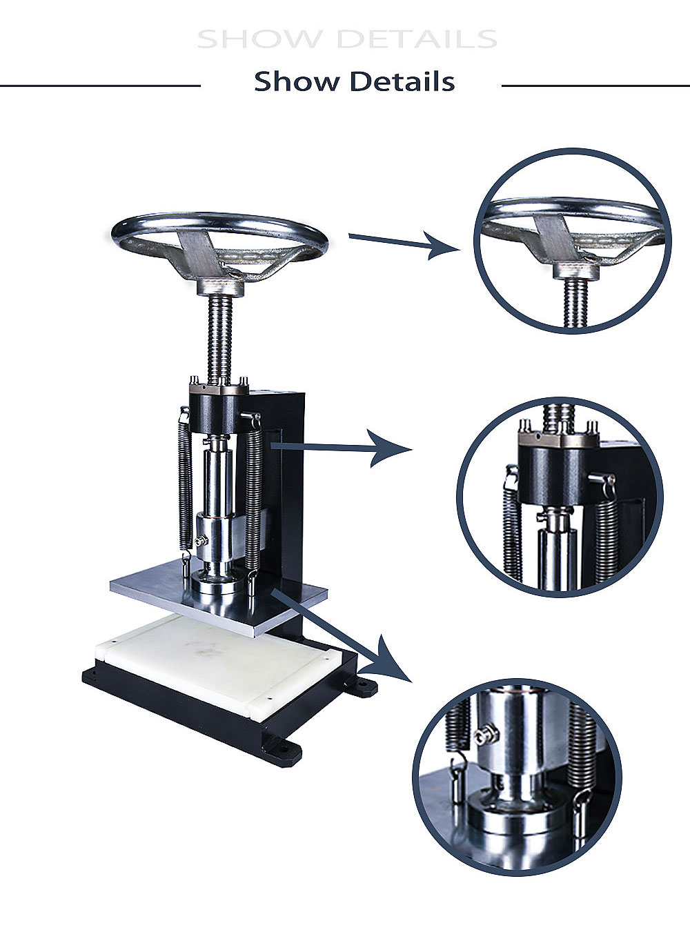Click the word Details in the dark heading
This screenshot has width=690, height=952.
pyautogui.click(x=402, y=81)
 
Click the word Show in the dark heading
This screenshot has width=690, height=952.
pyautogui.click(x=296, y=81)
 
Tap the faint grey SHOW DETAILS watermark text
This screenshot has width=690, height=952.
pyautogui.click(x=347, y=39)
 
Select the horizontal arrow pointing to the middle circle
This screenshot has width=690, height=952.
pyautogui.click(x=341, y=448)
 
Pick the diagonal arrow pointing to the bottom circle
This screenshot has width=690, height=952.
pyautogui.click(x=340, y=636)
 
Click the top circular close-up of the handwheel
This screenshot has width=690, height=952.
pyautogui.click(x=572, y=241)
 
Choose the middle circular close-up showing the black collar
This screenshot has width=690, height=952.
pyautogui.click(x=560, y=497)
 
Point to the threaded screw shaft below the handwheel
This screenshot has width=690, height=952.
pyautogui.click(x=220, y=338)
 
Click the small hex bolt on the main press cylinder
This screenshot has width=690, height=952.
pyautogui.click(x=201, y=541)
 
